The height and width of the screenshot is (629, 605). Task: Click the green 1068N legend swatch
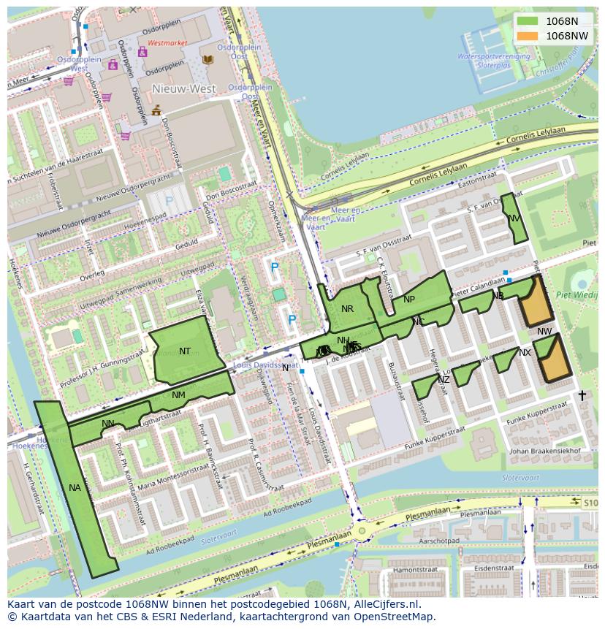[x=526, y=21]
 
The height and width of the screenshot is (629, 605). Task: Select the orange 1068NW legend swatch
[x=526, y=36]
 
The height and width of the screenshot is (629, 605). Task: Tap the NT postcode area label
[x=185, y=351]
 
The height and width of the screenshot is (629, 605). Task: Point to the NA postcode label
[x=75, y=488]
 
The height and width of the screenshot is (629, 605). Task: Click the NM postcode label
[x=178, y=395]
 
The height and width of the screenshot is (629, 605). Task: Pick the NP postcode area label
[x=408, y=300]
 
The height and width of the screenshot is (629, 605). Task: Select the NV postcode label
[x=514, y=218]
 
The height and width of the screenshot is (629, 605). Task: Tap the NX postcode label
[x=525, y=353]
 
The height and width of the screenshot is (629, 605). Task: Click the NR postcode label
[x=347, y=309]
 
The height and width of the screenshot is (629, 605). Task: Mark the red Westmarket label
[x=167, y=43]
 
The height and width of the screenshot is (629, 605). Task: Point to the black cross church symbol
[x=582, y=396]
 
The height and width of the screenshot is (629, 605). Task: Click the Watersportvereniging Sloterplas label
[x=494, y=60]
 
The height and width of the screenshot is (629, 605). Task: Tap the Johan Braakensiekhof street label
[x=544, y=451]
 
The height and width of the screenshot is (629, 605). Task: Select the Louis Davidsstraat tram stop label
[x=265, y=365]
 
